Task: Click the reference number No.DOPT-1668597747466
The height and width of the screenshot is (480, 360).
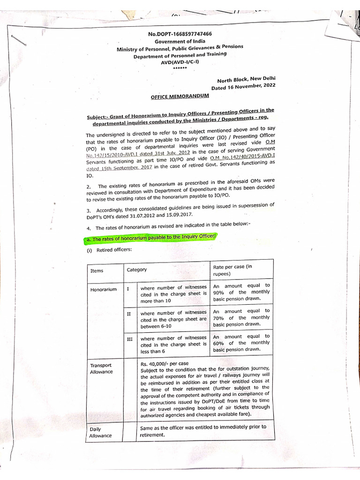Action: tap(180, 34)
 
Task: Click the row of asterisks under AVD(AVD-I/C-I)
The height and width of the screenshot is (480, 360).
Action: tap(180, 68)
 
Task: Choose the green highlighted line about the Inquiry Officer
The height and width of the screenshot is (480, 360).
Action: tap(150, 239)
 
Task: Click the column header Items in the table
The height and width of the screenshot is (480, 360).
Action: tap(97, 270)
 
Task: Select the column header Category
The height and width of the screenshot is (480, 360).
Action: tap(137, 270)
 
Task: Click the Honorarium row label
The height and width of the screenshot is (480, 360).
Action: tap(104, 290)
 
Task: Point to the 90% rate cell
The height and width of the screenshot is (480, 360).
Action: tap(241, 292)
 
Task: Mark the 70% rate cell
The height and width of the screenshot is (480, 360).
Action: tap(241, 317)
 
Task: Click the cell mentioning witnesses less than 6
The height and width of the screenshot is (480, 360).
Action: tap(173, 344)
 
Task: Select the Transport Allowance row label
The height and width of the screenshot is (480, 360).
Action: tap(101, 368)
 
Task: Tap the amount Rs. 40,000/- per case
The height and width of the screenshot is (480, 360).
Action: tap(164, 363)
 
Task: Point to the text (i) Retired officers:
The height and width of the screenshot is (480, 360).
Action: tap(108, 250)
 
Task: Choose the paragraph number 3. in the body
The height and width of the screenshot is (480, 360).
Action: tap(89, 210)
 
